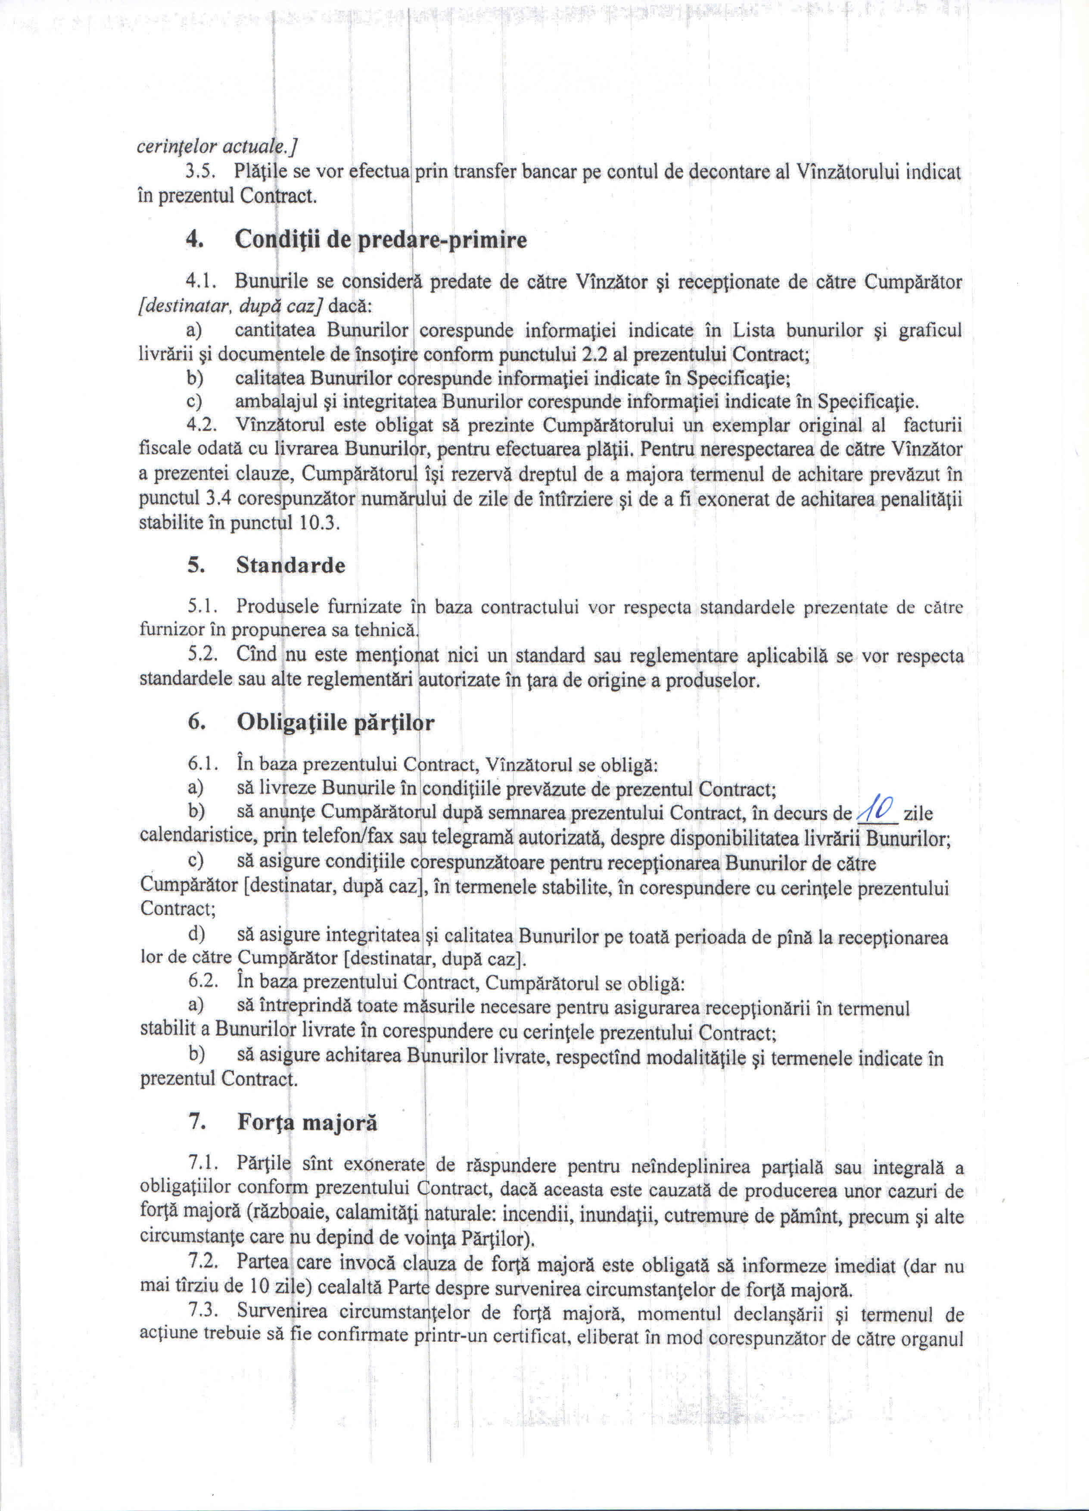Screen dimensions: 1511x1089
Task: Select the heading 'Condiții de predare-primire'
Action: click(x=380, y=240)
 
